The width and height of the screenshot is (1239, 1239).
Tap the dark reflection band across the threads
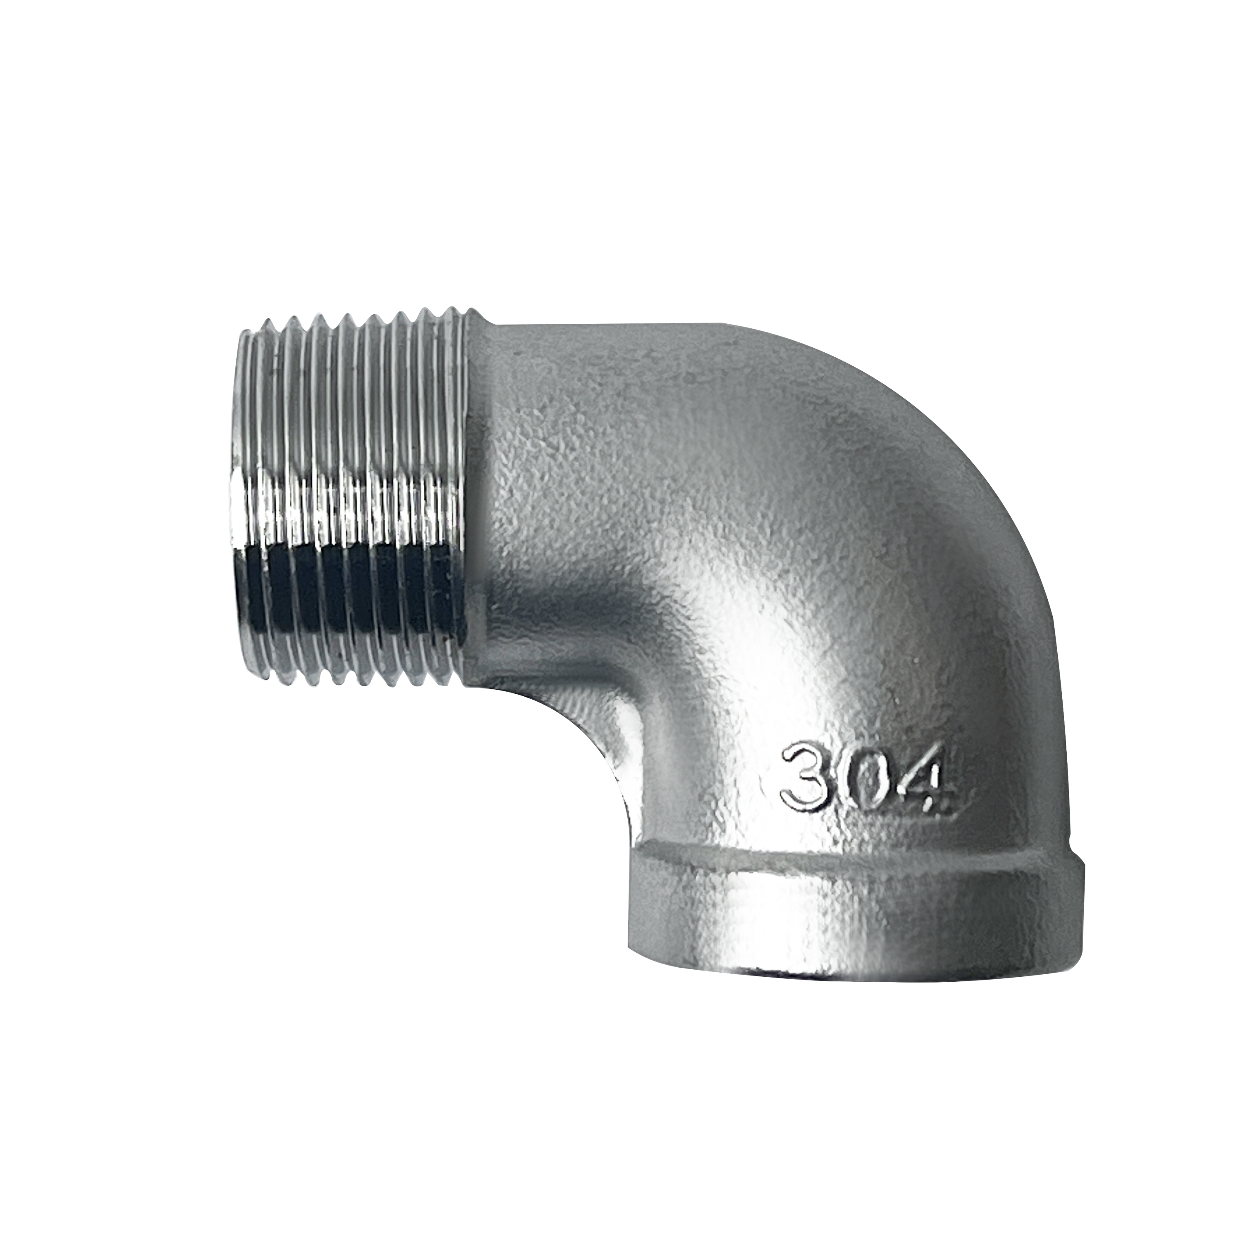point(347,587)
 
